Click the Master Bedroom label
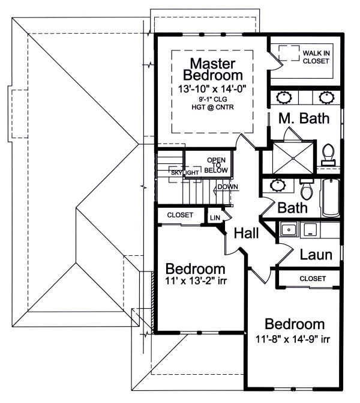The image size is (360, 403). tap(213, 69)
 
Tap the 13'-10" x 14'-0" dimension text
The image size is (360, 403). tap(213, 89)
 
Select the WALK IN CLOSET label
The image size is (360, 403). tap(316, 56)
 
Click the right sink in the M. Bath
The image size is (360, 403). tap(326, 96)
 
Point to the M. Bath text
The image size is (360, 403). tap(304, 118)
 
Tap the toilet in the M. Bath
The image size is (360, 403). tap(328, 153)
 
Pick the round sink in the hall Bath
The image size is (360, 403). tap(278, 184)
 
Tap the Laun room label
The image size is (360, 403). tap(316, 255)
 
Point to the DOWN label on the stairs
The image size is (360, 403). tap(228, 187)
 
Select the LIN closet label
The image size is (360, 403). tap(213, 216)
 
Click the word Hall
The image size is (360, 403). tap(247, 233)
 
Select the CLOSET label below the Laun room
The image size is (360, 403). tap(311, 279)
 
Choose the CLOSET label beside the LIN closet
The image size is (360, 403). tap(180, 214)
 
